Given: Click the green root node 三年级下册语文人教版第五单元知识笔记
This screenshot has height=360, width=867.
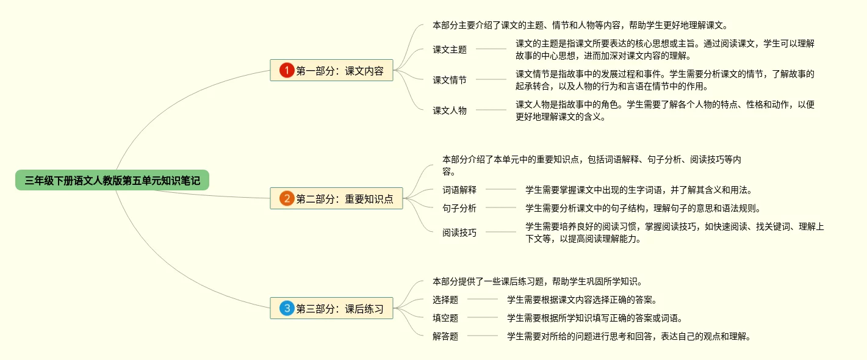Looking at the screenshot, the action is point(112,180).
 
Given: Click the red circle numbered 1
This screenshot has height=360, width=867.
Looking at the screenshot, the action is point(287,70).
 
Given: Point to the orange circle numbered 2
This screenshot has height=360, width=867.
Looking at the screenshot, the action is point(287,198).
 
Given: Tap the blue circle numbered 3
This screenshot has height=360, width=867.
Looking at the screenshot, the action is point(287,308).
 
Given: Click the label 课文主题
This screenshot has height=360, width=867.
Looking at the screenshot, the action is point(450,49).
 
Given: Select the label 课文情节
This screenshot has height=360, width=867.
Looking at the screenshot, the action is point(450,79).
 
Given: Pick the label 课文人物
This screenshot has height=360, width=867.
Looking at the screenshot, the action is point(450,110).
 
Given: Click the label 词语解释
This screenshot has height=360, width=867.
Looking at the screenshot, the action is point(459,190).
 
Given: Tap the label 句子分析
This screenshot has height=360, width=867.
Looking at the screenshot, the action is point(459,208).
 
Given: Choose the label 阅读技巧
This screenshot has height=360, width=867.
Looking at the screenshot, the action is point(459,232).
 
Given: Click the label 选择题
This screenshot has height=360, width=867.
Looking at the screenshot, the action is point(445,300).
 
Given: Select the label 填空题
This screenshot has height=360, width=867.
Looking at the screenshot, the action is point(445,318).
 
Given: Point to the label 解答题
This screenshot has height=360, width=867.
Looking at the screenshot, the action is point(445,336).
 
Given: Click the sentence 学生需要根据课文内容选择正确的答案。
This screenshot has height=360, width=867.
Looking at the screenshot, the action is point(581,300).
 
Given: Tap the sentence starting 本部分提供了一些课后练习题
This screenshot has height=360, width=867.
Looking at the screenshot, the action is point(537,281).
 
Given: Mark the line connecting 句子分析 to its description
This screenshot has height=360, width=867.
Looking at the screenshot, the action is point(501,208).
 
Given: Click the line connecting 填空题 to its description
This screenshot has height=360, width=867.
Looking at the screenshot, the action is point(483,318).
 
